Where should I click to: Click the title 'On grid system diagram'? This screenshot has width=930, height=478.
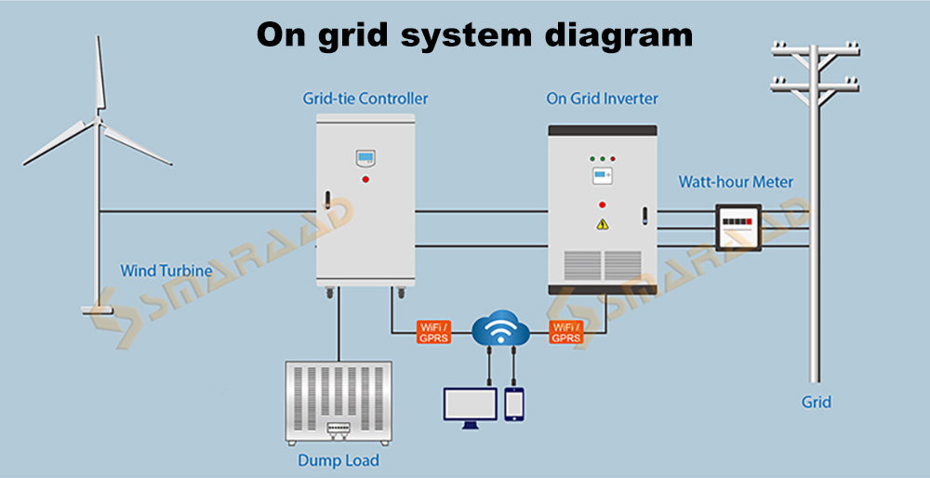coord(474,34)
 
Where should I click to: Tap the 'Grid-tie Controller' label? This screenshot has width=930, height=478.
coord(365,98)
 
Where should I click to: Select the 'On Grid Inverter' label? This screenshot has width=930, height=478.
coord(602,98)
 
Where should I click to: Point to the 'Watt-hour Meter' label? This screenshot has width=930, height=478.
coord(736,181)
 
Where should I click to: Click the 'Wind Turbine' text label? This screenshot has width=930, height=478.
coord(166,272)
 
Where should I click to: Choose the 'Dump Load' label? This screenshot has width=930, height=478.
coord(338,459)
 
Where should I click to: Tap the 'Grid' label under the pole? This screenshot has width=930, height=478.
coord(816,402)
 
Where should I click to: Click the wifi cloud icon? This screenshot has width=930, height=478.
coord(500,330)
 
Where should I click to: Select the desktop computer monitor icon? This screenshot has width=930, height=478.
coord(470,403)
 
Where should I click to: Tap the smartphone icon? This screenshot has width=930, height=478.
coord(515,404)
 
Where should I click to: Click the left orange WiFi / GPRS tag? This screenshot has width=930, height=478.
coord(433,332)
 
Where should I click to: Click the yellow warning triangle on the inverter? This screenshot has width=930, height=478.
coord(602,223)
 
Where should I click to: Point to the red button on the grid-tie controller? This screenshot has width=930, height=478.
coord(365,179)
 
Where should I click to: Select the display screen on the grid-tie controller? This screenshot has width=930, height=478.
coord(365,156)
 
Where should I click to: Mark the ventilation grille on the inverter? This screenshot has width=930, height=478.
coord(602,265)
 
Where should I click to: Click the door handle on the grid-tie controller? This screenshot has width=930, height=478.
coord(326,199)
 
